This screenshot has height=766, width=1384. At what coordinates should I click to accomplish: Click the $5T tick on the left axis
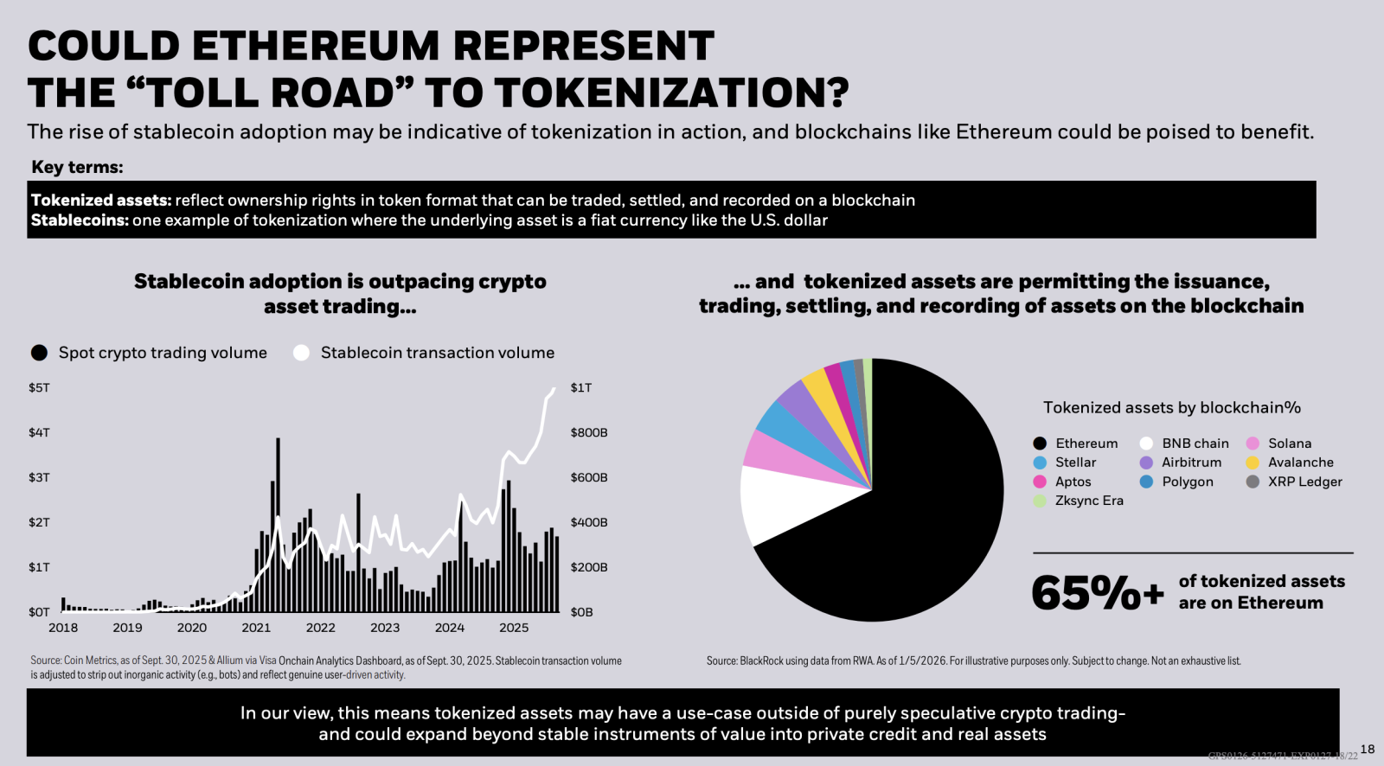tap(39, 387)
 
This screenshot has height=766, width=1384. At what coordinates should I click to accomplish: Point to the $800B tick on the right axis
tap(588, 432)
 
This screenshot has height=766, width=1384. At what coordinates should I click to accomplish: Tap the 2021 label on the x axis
tap(256, 628)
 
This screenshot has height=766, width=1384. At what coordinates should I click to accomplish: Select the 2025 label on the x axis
tap(514, 628)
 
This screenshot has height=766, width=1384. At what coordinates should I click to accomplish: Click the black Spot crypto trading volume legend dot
tap(39, 353)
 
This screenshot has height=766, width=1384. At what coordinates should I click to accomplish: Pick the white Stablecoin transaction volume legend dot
tap(301, 353)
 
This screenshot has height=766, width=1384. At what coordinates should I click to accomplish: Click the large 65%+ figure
tap(1097, 593)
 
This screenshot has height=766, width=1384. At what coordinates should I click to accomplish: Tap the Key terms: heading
tap(77, 167)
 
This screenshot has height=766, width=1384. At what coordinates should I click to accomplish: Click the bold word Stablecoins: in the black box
tap(80, 220)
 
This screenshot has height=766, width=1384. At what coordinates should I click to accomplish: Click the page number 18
tap(1367, 749)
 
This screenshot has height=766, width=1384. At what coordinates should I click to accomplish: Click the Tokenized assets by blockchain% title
tap(1171, 408)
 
